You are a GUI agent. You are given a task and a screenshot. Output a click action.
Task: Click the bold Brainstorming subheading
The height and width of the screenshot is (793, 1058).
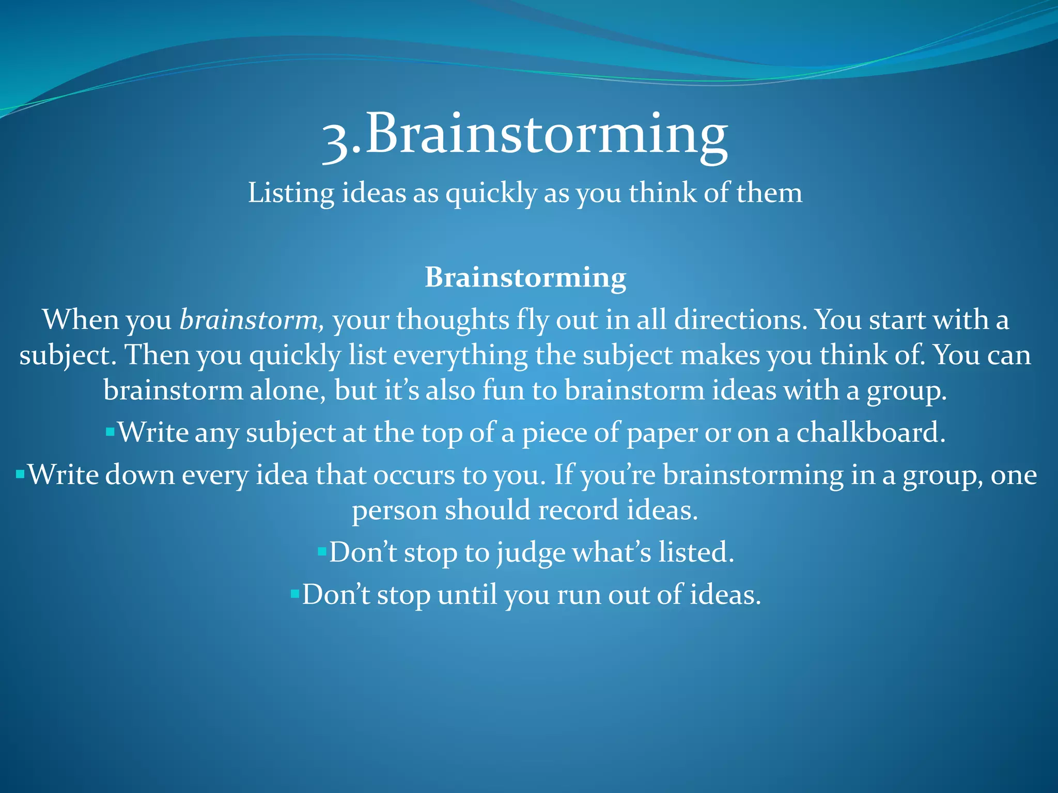[x=525, y=277]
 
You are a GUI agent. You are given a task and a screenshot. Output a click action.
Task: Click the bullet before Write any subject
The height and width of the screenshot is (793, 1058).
[x=110, y=431]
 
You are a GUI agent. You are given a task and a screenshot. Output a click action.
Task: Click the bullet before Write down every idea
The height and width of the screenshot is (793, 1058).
[x=20, y=473]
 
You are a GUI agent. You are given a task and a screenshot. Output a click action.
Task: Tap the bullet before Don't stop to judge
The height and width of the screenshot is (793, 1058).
[x=322, y=551]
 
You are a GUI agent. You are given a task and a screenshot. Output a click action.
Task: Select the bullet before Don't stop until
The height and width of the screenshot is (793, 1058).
[x=295, y=594]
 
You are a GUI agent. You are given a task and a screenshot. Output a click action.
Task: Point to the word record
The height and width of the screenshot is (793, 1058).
[x=578, y=510]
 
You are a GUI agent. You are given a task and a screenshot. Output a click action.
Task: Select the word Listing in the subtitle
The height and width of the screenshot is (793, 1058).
[x=291, y=194]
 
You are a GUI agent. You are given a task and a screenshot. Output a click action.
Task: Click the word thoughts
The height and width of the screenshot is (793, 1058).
[x=453, y=320]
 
